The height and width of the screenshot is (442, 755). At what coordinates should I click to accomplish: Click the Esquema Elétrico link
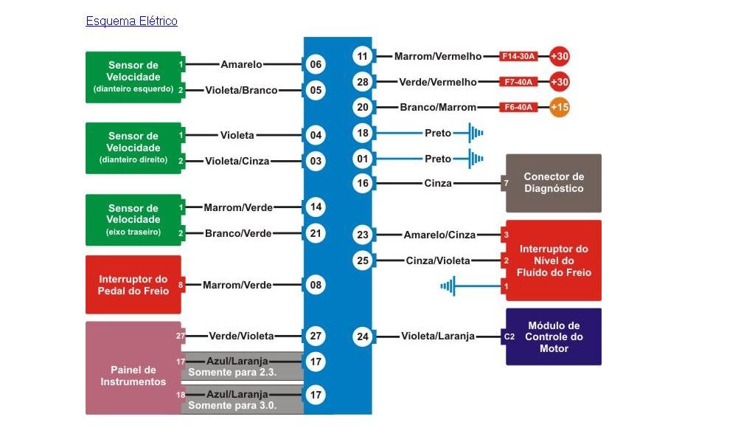pyautogui.click(x=131, y=21)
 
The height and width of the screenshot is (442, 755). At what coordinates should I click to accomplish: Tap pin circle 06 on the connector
pyautogui.click(x=316, y=65)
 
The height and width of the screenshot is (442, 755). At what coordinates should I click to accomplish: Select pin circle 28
pyautogui.click(x=362, y=82)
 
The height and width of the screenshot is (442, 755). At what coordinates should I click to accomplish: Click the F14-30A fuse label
pyautogui.click(x=518, y=57)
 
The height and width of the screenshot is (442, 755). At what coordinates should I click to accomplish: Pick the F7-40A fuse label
pyautogui.click(x=518, y=82)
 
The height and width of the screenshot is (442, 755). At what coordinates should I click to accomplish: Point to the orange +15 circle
pyautogui.click(x=560, y=107)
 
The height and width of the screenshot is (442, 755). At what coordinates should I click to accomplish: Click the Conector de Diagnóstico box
pyautogui.click(x=553, y=183)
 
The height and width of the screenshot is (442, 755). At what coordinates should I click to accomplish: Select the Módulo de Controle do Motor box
pyautogui.click(x=553, y=336)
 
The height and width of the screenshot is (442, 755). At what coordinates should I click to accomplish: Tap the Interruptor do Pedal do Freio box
pyautogui.click(x=133, y=285)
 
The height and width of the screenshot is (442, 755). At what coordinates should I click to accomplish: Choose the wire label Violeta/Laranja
pyautogui.click(x=438, y=337)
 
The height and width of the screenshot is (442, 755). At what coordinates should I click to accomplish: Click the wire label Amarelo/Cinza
pyautogui.click(x=439, y=235)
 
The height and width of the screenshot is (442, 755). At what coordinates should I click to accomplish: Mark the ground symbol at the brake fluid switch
pyautogui.click(x=448, y=286)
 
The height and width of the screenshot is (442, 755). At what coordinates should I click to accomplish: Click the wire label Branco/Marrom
pyautogui.click(x=438, y=107)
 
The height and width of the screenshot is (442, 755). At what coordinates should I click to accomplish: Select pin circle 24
pyautogui.click(x=362, y=337)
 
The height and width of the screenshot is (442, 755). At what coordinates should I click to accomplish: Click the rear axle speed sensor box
pyautogui.click(x=133, y=219)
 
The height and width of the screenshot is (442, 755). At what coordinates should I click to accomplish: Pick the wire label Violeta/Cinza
pyautogui.click(x=237, y=161)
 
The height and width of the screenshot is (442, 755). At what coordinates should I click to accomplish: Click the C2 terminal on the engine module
pyautogui.click(x=509, y=337)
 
